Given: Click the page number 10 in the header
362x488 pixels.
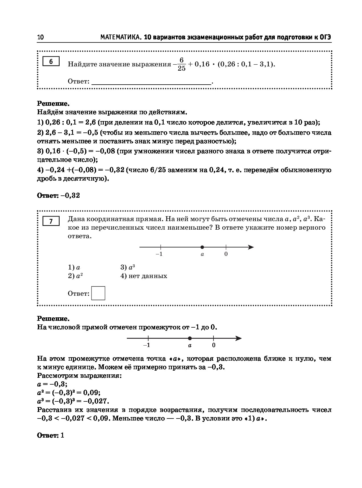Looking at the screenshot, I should [40, 37].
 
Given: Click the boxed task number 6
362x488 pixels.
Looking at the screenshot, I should [51, 62].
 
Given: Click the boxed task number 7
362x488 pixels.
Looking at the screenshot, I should [51, 221].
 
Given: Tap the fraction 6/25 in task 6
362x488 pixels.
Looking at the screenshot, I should [181, 64].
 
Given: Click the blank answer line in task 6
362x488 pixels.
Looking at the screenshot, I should [151, 82].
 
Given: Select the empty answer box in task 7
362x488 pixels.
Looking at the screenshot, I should [98, 293].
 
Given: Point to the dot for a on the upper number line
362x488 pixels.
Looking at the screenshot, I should [202, 247].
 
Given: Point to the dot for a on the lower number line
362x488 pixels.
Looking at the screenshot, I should [190, 338].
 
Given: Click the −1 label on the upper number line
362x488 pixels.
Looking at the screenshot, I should [159, 254].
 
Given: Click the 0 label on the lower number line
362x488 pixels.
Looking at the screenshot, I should [214, 345].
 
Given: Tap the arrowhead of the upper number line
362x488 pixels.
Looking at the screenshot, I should [251, 247].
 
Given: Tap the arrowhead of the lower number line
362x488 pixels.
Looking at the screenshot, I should [239, 338].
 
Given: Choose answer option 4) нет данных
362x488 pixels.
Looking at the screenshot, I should [144, 276].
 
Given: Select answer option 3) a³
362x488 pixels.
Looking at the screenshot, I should [127, 268].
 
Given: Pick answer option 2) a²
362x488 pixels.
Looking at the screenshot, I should [75, 276].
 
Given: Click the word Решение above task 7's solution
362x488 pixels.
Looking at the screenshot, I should [53, 318].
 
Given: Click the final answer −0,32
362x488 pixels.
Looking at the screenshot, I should [70, 195].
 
